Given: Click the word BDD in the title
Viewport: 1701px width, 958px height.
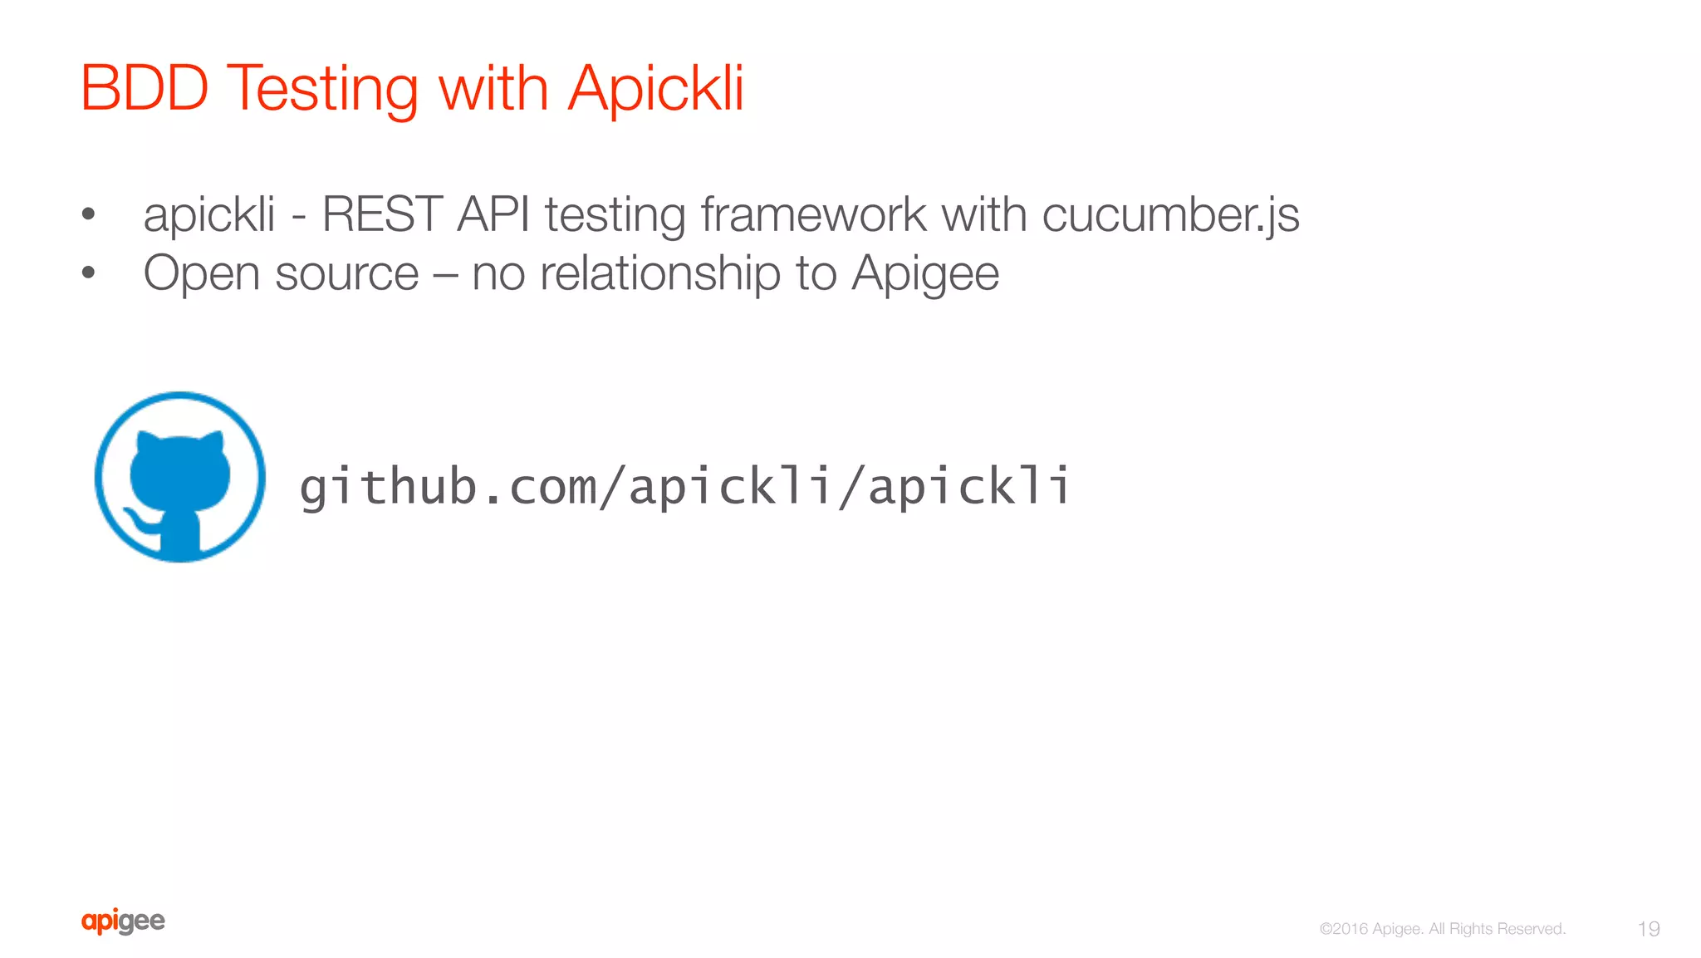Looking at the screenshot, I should tap(144, 87).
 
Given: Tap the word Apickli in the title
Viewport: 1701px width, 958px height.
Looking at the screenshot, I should tap(655, 87).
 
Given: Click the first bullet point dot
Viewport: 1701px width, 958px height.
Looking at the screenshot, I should tap(89, 214).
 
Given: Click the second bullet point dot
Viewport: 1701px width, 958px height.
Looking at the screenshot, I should tap(89, 273).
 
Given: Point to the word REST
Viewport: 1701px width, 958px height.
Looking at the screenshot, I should tap(381, 214).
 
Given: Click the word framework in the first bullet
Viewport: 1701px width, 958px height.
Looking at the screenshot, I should tap(812, 214).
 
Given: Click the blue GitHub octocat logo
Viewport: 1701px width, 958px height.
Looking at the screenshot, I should tap(180, 477).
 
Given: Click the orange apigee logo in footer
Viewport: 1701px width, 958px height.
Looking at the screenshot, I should tap(123, 921).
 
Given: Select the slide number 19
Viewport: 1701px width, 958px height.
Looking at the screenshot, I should tap(1648, 929).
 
